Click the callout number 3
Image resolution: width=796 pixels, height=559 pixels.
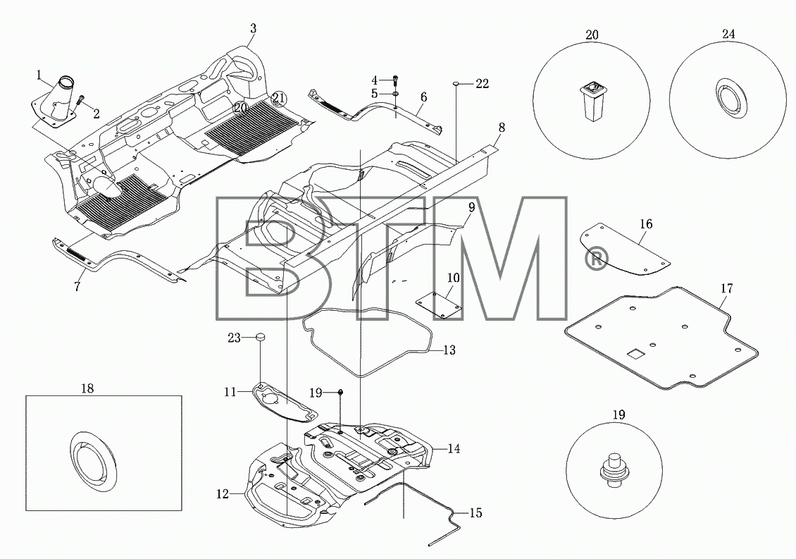tap(253, 28)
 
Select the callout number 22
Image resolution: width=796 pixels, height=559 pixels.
tap(482, 84)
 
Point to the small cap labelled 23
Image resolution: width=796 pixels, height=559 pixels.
tap(261, 336)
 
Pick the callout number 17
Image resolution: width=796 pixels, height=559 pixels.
tap(726, 288)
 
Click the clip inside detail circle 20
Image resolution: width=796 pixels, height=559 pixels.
tap(592, 101)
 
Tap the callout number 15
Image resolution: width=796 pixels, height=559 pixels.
tap(475, 512)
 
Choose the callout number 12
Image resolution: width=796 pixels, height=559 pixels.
tap(223, 493)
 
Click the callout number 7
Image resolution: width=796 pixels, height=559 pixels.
tap(77, 287)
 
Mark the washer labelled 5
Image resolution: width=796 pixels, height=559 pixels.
tap(395, 94)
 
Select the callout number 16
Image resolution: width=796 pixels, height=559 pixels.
tap(646, 224)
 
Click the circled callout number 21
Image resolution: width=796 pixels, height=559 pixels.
tap(279, 98)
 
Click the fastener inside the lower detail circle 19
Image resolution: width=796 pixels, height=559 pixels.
tap(614, 467)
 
